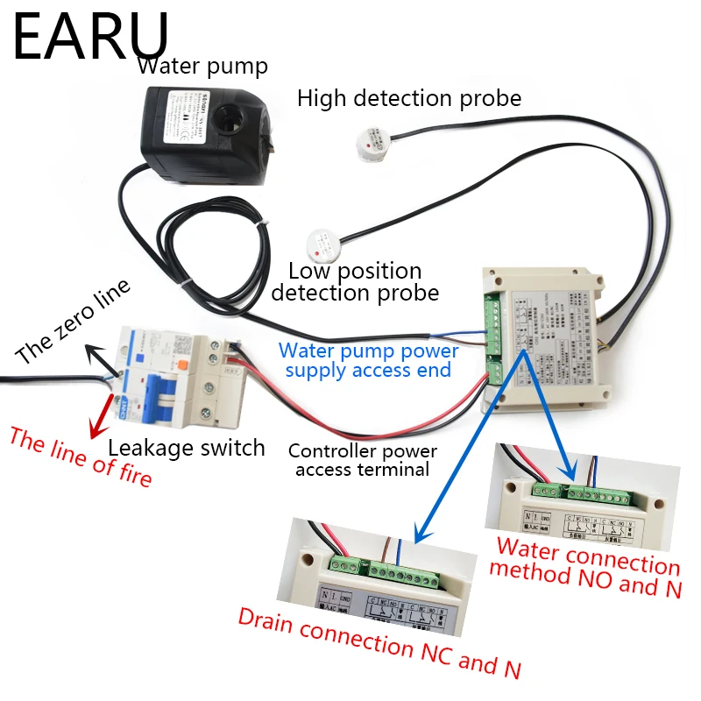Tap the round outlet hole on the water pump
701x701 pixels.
tap(236, 117)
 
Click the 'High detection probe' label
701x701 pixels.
tap(409, 97)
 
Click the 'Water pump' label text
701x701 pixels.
tap(202, 66)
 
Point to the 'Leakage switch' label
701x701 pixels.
tap(186, 448)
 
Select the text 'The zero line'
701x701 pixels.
tap(73, 323)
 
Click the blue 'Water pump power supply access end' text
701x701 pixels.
tap(368, 361)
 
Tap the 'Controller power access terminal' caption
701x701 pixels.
tap(363, 460)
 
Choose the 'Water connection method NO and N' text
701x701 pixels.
tap(584, 567)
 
